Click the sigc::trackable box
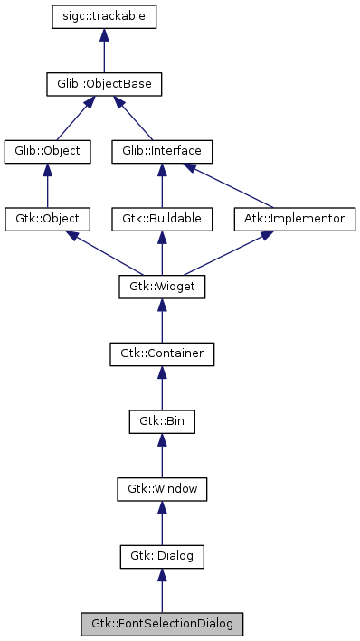click(x=104, y=17)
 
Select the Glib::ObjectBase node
click(x=104, y=85)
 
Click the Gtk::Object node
click(x=48, y=219)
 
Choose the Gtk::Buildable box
click(x=161, y=219)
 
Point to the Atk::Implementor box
click(x=294, y=219)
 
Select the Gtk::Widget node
click(x=161, y=287)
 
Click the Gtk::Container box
click(x=161, y=353)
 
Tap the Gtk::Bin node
click(x=161, y=421)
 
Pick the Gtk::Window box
click(x=161, y=489)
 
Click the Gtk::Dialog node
click(x=161, y=556)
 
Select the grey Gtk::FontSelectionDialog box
click(x=161, y=624)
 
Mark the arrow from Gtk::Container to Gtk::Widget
click(x=161, y=320)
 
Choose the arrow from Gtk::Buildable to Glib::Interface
click(x=161, y=185)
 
